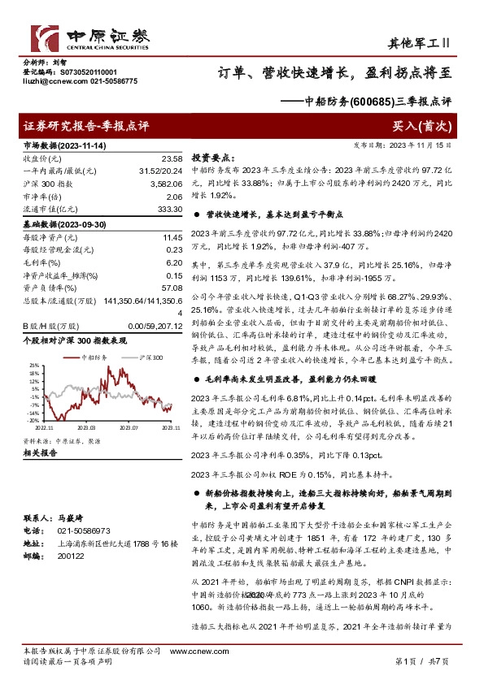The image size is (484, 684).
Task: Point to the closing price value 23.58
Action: pos(172,158)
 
